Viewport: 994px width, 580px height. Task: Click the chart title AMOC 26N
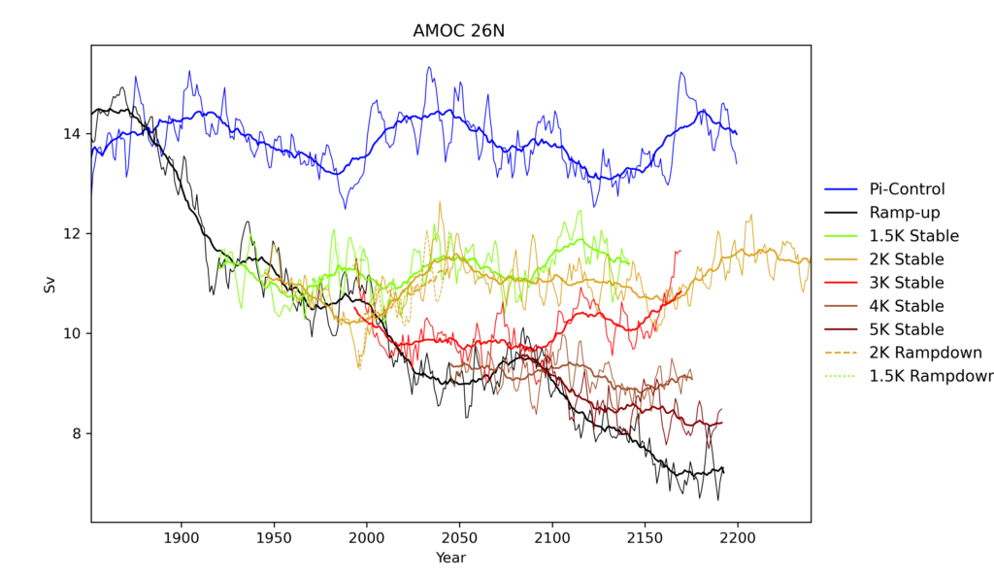(x=450, y=32)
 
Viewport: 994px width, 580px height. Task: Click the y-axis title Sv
(x=50, y=285)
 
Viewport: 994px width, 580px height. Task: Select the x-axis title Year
(x=450, y=558)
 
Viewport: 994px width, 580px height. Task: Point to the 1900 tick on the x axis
(x=182, y=536)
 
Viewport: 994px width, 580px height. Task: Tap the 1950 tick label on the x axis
(x=275, y=536)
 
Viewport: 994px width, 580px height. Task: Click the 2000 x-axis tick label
(x=367, y=536)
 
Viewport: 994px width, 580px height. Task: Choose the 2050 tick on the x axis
(x=460, y=536)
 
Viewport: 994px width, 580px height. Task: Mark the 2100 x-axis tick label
(x=552, y=536)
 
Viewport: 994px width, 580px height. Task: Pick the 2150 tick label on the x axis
(x=646, y=536)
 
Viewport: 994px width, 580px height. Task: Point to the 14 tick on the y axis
(x=75, y=133)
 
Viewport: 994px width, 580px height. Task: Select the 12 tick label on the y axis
(x=75, y=233)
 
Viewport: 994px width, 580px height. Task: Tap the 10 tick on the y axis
(x=75, y=333)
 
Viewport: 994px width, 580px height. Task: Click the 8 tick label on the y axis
(x=79, y=433)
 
